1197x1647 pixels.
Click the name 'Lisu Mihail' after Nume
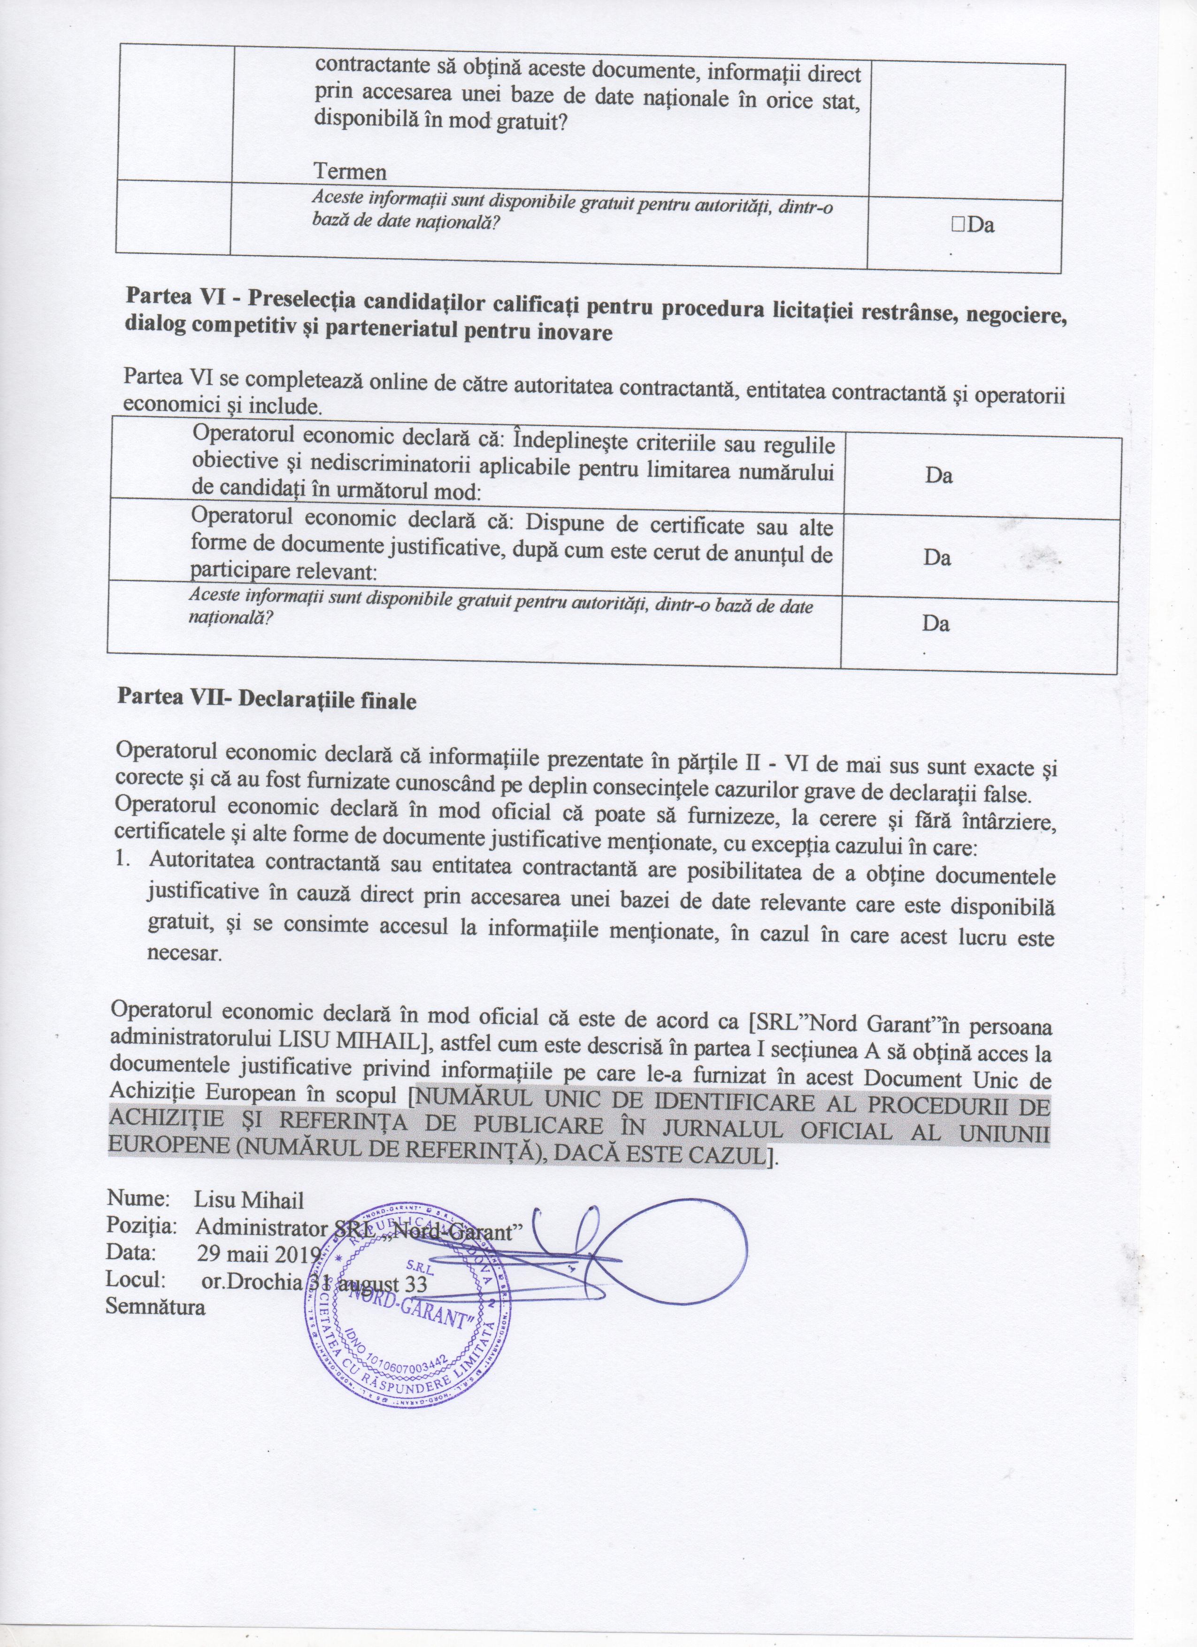point(249,1200)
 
